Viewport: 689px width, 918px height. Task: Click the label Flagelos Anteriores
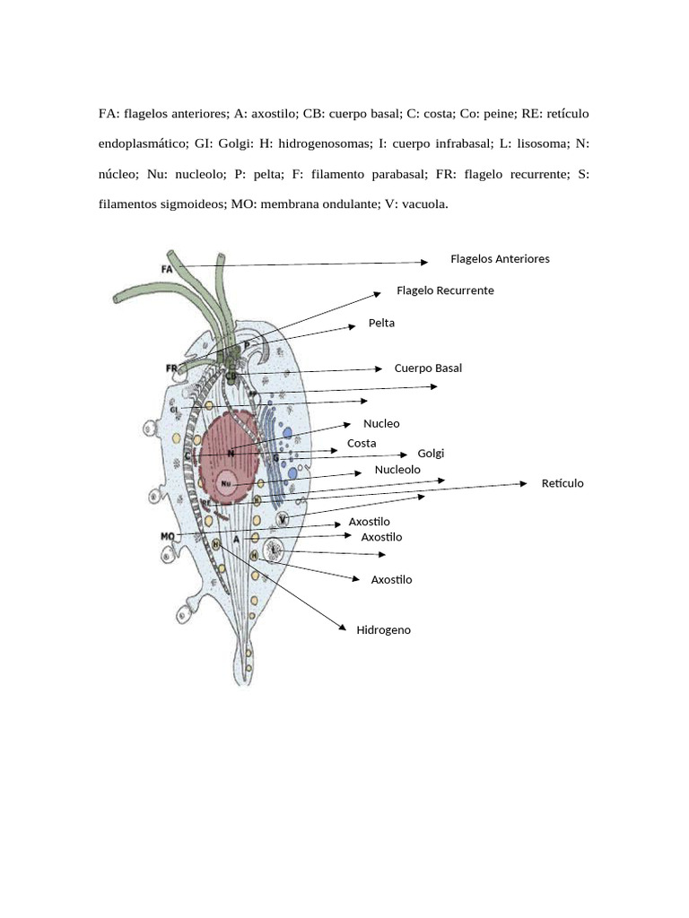click(x=500, y=259)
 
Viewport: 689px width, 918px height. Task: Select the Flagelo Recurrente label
click(x=445, y=291)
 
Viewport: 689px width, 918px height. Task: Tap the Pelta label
click(x=381, y=323)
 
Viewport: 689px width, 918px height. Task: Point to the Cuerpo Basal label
click(x=428, y=368)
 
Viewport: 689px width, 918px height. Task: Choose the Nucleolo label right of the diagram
click(x=397, y=470)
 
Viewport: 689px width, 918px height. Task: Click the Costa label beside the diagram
click(x=362, y=444)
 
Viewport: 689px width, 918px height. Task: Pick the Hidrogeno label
click(x=383, y=630)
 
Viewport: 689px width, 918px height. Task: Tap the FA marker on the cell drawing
click(x=167, y=268)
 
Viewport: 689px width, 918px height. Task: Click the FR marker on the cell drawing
click(x=171, y=368)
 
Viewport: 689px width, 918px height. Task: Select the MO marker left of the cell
click(x=167, y=536)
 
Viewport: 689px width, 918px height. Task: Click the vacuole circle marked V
click(x=283, y=519)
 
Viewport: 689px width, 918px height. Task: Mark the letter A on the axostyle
click(x=236, y=540)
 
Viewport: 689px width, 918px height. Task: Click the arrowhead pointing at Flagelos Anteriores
click(x=424, y=263)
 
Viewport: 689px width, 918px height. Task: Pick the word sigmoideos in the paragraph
click(x=186, y=204)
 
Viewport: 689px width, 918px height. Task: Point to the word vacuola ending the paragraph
click(x=424, y=204)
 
